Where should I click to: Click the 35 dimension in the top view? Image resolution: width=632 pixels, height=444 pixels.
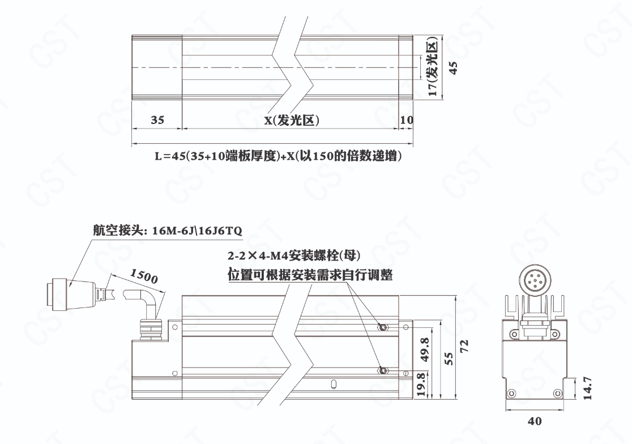click(157, 119)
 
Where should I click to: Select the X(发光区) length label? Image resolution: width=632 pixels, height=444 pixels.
click(292, 120)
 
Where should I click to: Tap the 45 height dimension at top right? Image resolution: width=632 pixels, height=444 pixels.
click(453, 67)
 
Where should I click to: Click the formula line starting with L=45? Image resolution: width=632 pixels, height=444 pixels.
click(279, 156)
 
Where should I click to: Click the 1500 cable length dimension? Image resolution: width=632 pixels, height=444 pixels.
click(144, 276)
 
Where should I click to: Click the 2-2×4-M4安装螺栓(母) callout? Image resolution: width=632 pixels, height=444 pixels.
click(294, 255)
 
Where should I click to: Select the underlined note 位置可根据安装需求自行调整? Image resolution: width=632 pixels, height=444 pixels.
click(310, 275)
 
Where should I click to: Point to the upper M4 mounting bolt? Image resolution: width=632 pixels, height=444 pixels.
click(382, 327)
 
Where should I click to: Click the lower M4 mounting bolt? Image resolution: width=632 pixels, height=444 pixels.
click(382, 370)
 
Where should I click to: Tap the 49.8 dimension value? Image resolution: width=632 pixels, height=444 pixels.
click(424, 349)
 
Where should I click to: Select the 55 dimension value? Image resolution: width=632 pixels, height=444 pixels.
click(449, 358)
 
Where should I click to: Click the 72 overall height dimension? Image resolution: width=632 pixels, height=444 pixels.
click(464, 345)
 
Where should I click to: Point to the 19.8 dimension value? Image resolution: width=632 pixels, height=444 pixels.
click(420, 384)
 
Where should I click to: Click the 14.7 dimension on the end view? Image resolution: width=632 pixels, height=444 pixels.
click(587, 388)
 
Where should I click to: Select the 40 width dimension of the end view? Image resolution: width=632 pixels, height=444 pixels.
click(535, 421)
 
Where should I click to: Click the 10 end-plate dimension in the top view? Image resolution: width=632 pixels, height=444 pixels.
click(407, 119)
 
